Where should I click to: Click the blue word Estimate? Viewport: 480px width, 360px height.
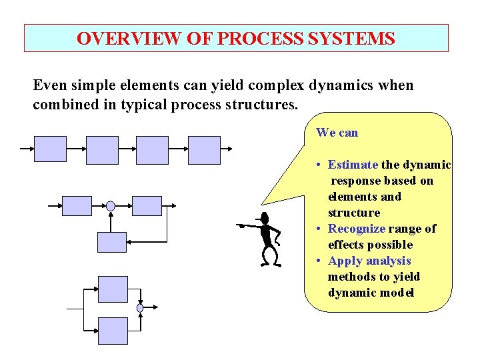coord(353,165)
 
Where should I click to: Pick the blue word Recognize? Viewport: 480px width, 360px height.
coord(357,229)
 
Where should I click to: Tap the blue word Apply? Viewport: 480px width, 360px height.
coord(343,261)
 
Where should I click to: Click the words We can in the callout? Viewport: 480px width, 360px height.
coord(337,133)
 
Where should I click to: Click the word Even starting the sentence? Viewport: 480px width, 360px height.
coord(49,85)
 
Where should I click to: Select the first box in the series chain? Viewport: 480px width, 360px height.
coord(50,150)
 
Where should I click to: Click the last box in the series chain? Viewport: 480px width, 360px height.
coord(204,150)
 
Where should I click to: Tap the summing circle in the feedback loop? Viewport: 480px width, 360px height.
coord(111,206)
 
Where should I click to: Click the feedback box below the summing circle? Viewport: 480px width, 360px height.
coord(111,242)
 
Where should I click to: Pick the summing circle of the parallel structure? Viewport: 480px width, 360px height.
coord(140,308)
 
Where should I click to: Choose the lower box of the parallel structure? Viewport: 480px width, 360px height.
coord(113,330)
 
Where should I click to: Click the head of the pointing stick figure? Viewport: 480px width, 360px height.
coord(265,218)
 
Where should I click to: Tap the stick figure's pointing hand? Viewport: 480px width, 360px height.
coord(241,226)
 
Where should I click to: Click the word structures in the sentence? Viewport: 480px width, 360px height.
coord(259,105)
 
